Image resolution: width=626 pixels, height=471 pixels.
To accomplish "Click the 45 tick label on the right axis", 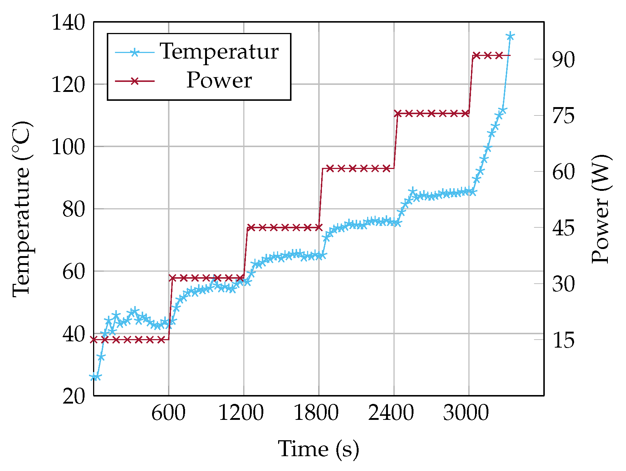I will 563,228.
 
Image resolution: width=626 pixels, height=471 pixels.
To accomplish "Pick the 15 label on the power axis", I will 563,341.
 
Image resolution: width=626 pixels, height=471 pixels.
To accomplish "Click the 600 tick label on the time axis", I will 168,413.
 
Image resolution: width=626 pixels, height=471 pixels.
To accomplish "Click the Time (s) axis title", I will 319,449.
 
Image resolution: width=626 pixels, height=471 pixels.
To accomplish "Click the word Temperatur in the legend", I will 219,51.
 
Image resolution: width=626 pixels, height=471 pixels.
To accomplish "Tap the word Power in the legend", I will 219,80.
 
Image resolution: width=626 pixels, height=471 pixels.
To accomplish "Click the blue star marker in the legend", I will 134,52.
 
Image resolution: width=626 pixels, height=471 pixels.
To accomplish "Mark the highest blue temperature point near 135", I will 510,36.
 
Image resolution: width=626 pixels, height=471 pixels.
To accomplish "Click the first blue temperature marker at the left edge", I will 94,377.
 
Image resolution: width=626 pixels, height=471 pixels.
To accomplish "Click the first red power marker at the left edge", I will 94,339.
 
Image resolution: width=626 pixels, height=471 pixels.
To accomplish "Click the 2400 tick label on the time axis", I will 391,413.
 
